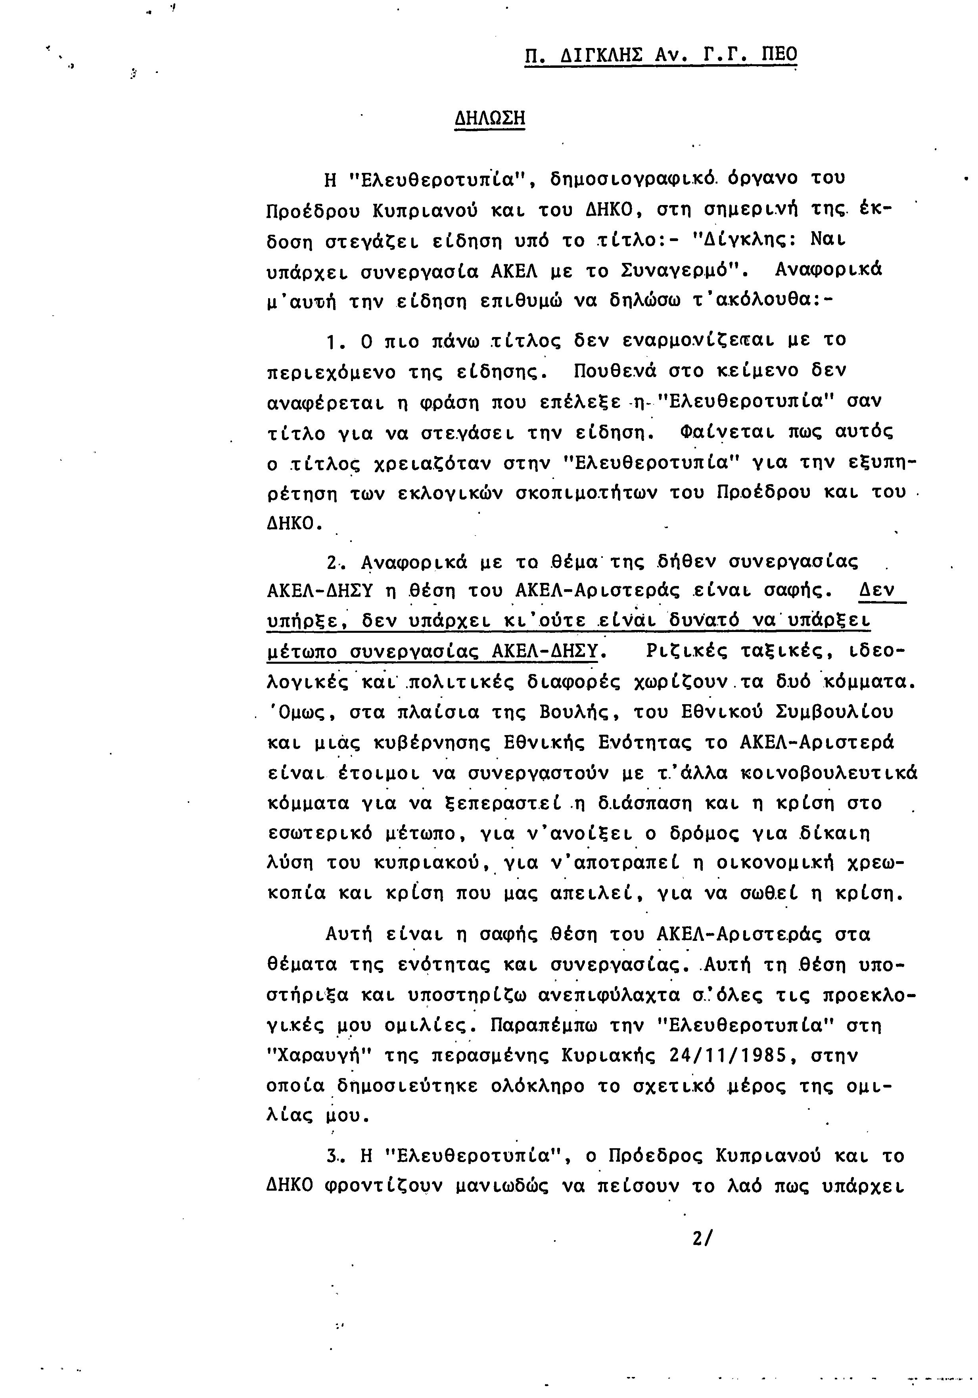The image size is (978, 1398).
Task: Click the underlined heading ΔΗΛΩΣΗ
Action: tap(490, 117)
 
